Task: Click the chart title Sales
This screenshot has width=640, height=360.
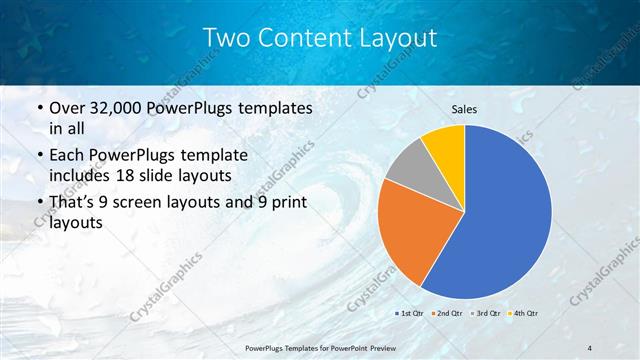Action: (x=465, y=110)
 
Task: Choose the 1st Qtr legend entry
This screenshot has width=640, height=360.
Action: (x=409, y=313)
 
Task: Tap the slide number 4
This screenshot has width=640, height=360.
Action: (x=590, y=346)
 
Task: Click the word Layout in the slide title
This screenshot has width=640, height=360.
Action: (x=399, y=38)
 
